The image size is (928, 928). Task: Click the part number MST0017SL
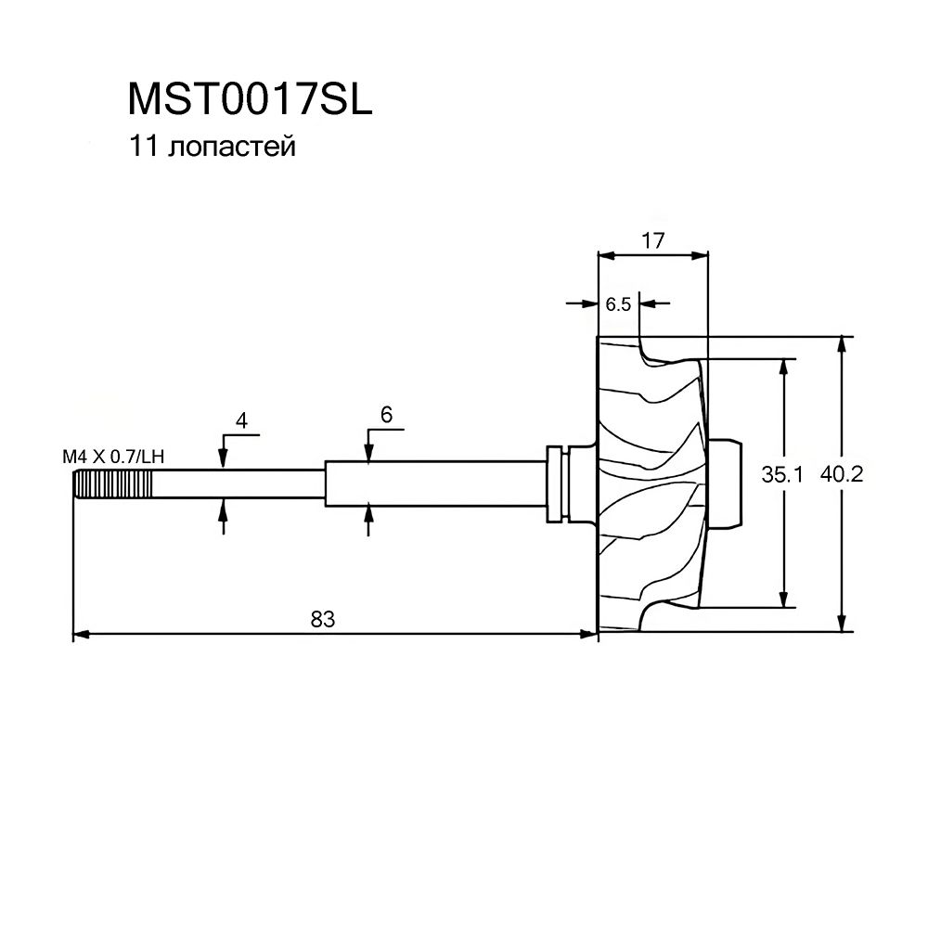point(250,98)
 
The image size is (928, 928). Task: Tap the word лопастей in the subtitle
point(231,147)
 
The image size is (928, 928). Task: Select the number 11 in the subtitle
point(144,146)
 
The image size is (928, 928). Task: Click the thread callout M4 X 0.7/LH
point(113,457)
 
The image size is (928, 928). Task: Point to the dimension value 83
point(323,619)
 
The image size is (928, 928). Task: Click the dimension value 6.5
point(618,304)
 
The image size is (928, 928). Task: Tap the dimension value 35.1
point(781,474)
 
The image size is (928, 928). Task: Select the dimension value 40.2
point(842,473)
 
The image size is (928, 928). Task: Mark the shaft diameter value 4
point(241,420)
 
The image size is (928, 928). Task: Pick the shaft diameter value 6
point(386,415)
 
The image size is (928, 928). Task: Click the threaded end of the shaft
point(112,484)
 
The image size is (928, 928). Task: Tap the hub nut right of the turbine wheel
point(725,483)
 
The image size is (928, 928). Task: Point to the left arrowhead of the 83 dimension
point(81,635)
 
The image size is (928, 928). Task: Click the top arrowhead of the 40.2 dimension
point(842,345)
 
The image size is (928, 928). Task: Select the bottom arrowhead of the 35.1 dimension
point(784,599)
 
